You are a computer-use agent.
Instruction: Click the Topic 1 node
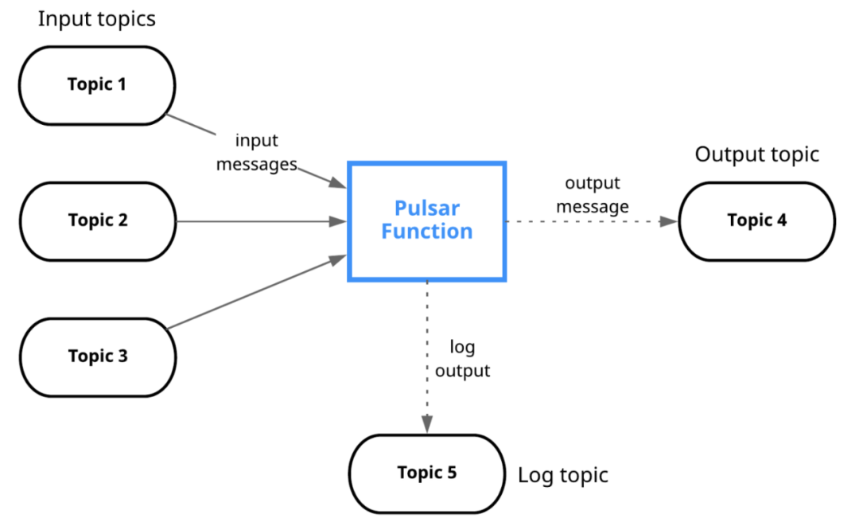coord(97,85)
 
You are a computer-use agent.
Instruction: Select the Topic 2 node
coord(98,221)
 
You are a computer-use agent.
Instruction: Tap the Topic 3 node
coord(98,357)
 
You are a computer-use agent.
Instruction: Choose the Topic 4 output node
coord(757,221)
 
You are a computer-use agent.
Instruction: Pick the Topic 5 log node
coord(427,474)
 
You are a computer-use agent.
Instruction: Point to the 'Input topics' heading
coord(96,19)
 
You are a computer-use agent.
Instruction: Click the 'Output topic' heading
coord(757,154)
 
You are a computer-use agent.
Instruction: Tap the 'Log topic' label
coord(563,475)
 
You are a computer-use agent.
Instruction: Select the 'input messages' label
coord(256,152)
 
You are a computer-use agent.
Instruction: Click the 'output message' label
coord(593,194)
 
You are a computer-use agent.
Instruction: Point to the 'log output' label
coord(462,358)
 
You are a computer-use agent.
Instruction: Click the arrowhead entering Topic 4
coord(669,221)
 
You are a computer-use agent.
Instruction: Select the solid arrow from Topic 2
coord(262,221)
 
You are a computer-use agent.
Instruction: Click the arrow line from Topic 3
coord(257,292)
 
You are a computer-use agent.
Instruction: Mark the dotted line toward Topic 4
coord(593,221)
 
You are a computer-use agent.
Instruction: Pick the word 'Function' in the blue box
coord(427,232)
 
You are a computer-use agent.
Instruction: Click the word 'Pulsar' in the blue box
coord(427,208)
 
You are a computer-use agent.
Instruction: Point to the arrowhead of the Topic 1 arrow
coord(338,182)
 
